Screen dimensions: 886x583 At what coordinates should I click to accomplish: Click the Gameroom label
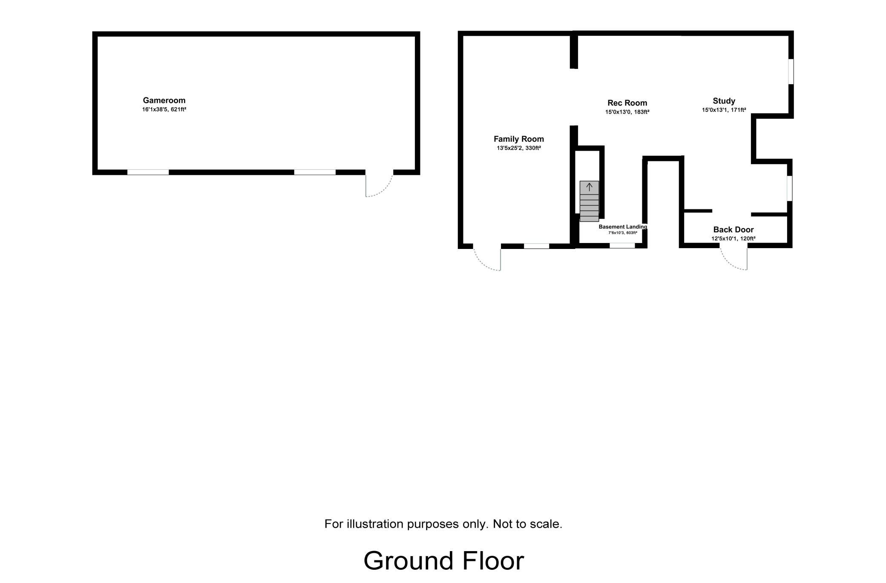(164, 100)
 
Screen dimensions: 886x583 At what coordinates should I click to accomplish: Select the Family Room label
(519, 139)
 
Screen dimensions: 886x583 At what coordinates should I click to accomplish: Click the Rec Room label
(627, 103)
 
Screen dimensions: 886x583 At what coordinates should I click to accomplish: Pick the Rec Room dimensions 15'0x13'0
(618, 112)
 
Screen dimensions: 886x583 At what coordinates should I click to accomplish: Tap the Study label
(724, 101)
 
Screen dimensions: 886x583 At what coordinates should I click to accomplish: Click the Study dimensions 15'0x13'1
(715, 110)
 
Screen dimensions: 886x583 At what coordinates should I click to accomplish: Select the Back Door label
(734, 230)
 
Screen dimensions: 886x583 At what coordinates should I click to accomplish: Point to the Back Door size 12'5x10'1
(724, 239)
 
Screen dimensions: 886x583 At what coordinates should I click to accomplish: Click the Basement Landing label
(623, 227)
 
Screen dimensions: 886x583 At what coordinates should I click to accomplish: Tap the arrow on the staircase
(590, 186)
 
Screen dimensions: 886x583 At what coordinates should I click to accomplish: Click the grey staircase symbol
(589, 201)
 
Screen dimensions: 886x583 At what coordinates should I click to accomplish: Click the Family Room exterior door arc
(481, 265)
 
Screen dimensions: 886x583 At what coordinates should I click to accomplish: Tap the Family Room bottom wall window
(536, 246)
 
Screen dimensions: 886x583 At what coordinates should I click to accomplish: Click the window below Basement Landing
(622, 246)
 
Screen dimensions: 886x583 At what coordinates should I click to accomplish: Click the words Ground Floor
(443, 560)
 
